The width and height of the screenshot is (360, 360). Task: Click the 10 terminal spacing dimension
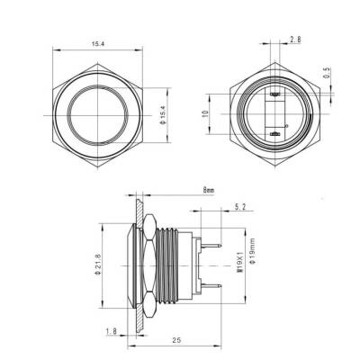[x=205, y=114]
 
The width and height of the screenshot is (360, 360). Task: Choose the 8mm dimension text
[x=209, y=191]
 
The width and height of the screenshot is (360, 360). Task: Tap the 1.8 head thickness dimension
[x=109, y=331]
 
